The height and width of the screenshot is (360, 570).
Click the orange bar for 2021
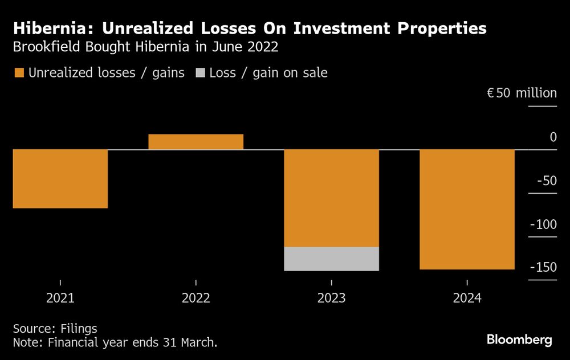60,179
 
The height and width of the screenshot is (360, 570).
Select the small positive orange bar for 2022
196,142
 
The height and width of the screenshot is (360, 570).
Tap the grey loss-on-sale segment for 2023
331,259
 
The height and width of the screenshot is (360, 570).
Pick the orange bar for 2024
467,209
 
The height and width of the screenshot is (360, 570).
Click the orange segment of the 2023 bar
331,198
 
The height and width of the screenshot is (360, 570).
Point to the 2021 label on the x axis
60,298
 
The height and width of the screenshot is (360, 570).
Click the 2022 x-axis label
196,298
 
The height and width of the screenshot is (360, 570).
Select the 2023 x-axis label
331,298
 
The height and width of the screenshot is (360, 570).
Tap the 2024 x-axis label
467,298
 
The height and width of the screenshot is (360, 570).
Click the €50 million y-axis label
521,93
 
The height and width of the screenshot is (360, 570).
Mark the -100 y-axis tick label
543,224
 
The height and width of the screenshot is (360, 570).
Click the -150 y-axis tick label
543,268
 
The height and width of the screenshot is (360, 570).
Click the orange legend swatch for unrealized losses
19,73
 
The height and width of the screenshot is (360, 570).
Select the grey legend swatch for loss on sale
200,73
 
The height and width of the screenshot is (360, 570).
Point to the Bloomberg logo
519,340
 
